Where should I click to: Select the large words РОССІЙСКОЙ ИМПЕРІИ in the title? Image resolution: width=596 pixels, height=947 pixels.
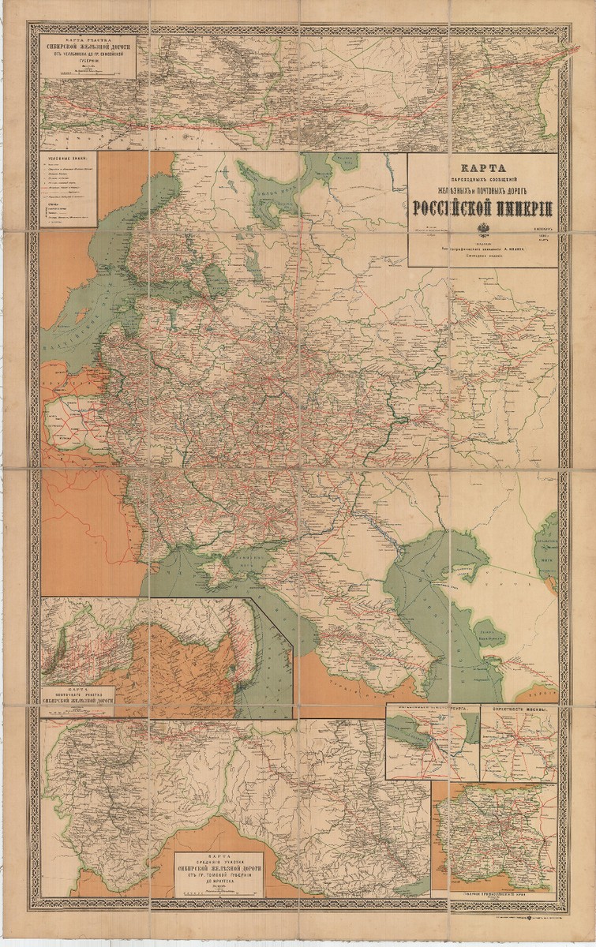(482, 209)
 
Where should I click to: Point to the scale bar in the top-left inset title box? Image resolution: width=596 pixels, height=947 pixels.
(88, 72)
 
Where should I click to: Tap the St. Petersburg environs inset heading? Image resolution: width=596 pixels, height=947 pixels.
(432, 709)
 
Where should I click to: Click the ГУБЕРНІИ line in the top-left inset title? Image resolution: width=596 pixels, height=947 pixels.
(88, 58)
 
